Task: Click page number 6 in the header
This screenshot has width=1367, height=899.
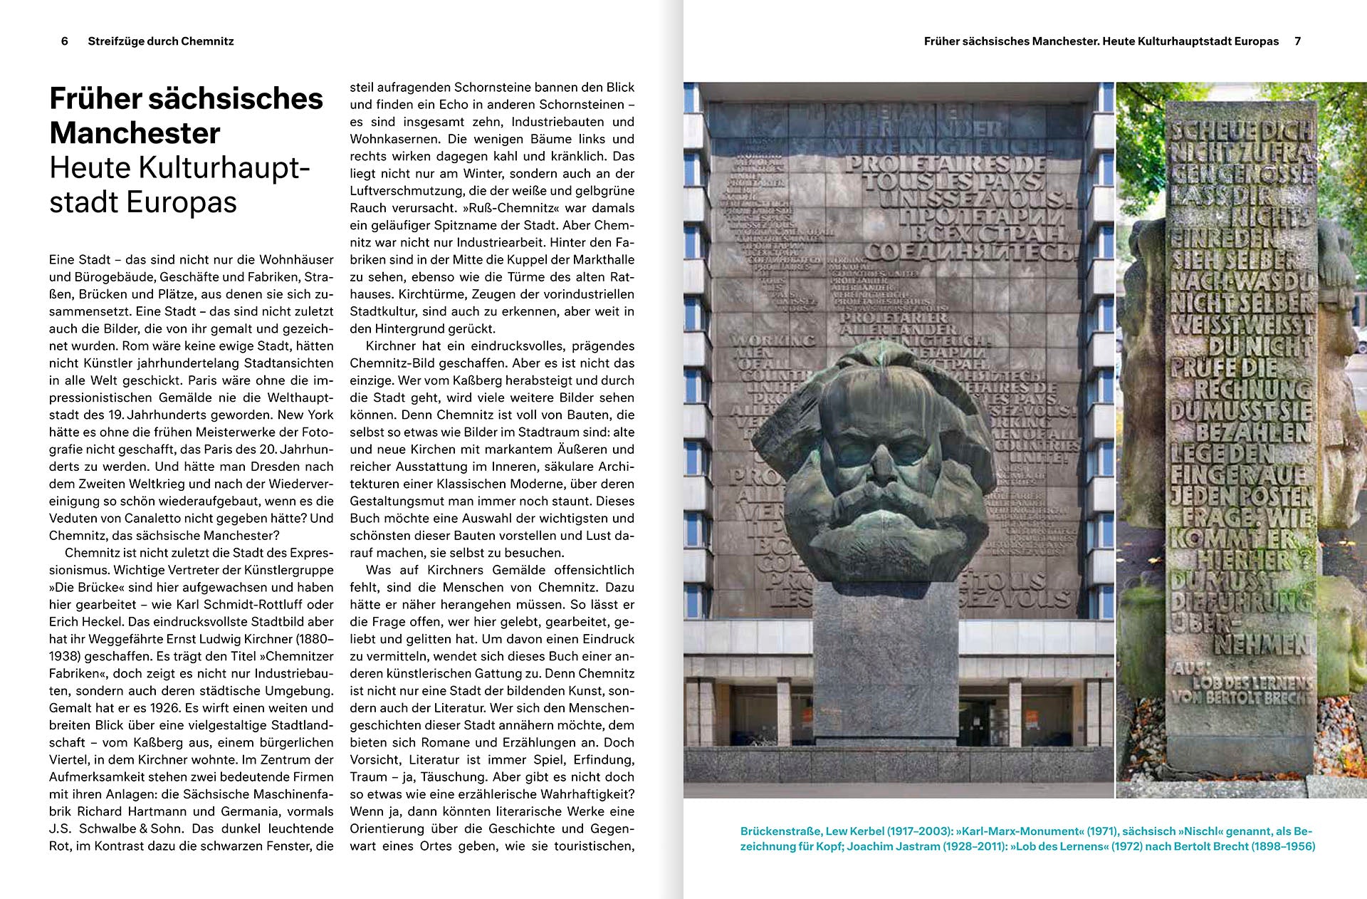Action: (x=65, y=41)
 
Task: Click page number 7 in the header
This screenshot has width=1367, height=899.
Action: (x=1298, y=41)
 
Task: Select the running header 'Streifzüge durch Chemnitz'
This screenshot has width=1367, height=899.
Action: (x=161, y=41)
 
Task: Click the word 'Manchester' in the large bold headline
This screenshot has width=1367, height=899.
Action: (x=135, y=133)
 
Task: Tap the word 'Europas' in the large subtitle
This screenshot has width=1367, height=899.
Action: (x=181, y=202)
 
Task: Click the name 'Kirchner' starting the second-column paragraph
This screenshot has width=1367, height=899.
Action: (x=390, y=346)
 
